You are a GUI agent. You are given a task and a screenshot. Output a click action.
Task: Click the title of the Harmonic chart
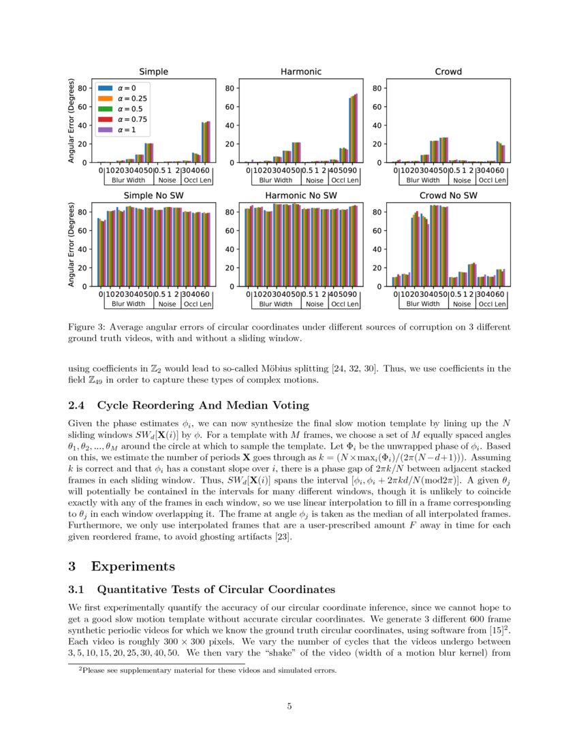pos(301,71)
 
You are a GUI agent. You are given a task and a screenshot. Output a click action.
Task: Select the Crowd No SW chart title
pos(448,195)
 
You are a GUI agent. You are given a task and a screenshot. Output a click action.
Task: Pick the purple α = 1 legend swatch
pos(104,129)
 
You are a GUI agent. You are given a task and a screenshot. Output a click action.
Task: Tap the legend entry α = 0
pos(127,88)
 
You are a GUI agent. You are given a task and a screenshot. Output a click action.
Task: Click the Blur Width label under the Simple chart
pos(128,180)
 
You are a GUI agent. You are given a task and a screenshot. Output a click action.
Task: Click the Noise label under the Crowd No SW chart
pos(462,304)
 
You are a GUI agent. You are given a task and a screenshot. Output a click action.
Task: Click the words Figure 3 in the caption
pos(87,327)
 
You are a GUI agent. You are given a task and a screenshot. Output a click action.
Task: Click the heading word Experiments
pos(133,566)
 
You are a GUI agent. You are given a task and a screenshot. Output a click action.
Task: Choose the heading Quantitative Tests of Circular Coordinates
pos(216,589)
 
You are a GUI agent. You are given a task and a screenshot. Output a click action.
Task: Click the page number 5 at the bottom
pos(289,706)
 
